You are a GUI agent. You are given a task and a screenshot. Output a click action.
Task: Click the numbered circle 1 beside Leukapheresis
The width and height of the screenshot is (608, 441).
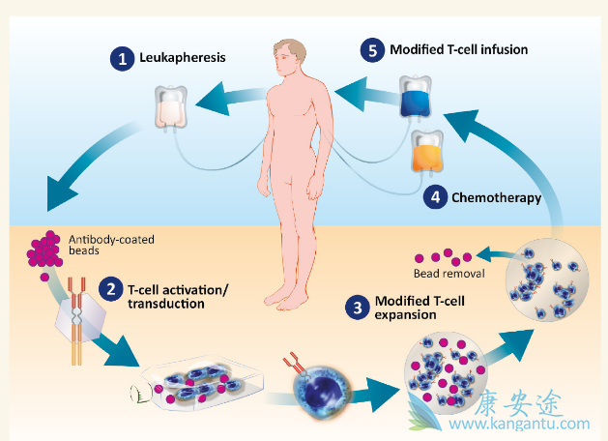(122, 59)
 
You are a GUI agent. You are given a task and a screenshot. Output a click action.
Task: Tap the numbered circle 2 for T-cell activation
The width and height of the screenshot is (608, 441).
(111, 289)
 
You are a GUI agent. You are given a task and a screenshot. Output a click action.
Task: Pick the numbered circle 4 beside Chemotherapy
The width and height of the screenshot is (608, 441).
(437, 196)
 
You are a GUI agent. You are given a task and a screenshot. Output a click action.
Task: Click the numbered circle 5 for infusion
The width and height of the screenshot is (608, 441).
(374, 48)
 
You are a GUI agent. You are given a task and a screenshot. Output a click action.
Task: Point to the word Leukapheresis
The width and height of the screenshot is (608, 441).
(185, 58)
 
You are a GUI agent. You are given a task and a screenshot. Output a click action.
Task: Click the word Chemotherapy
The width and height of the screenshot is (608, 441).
(497, 196)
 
